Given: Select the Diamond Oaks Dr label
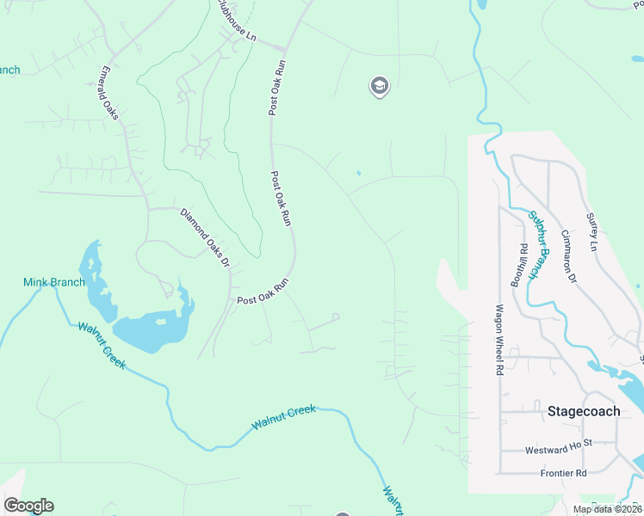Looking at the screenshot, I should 205,236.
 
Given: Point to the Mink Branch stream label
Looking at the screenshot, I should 53,282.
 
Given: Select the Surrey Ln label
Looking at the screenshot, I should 591,232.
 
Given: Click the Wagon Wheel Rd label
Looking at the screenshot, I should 498,340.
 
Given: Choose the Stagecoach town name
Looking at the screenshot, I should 584,411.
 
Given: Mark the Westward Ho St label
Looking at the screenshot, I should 559,450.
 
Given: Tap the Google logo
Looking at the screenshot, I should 28,506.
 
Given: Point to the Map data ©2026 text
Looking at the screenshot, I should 606,509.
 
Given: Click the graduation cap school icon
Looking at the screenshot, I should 379,86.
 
